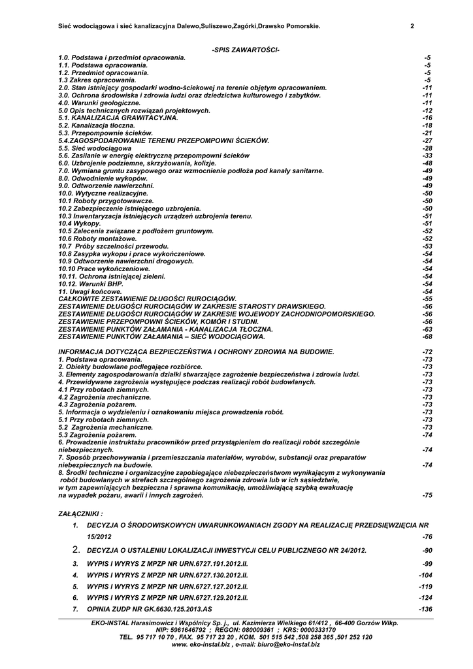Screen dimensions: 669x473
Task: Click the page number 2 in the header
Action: (412, 26)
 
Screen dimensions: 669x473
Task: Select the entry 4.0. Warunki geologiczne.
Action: (99, 103)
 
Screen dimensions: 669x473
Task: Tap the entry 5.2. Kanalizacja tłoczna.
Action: (95, 125)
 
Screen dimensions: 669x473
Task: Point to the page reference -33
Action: (427, 155)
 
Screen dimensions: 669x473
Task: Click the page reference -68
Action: (427, 337)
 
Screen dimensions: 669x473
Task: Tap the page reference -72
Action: (427, 352)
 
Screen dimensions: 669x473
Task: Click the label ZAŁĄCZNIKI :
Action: (80, 514)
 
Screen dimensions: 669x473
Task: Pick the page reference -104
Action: (425, 575)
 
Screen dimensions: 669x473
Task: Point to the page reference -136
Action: (425, 609)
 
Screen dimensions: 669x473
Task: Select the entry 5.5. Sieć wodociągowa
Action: (95, 148)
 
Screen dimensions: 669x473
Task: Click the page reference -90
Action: (427, 551)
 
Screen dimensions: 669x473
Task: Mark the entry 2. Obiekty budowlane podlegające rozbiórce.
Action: (130, 367)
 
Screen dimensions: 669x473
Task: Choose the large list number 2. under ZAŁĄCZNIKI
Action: (76, 550)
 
